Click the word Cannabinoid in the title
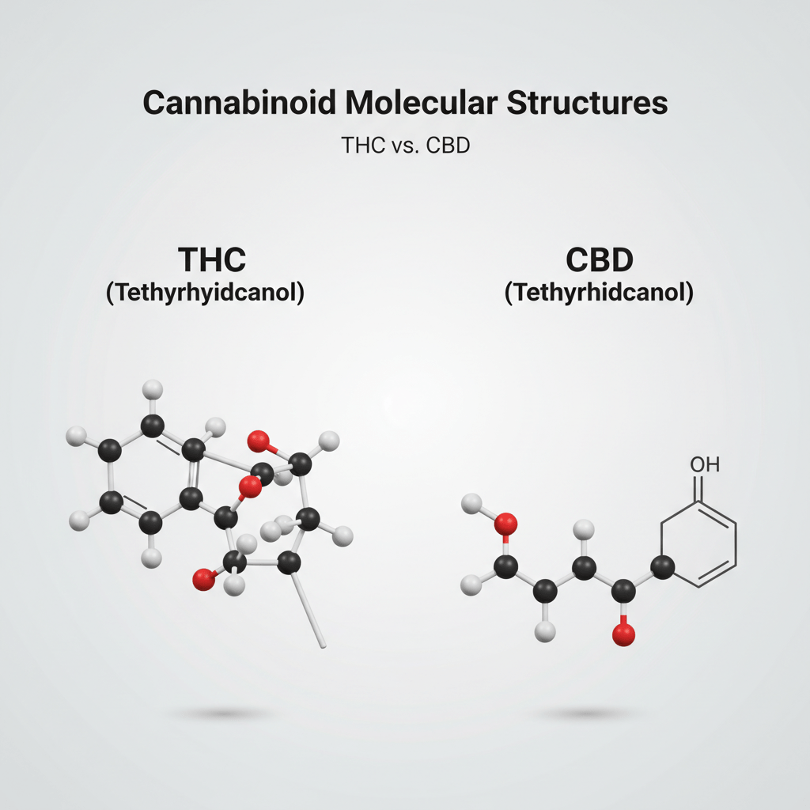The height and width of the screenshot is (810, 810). tap(222, 104)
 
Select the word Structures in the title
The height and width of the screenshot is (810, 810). tap(581, 104)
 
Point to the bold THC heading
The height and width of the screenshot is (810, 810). tap(212, 260)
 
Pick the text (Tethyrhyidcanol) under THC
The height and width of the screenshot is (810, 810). tap(205, 292)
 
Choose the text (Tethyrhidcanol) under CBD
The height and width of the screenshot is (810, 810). tap(599, 292)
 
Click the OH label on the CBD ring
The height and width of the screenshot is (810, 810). tap(703, 464)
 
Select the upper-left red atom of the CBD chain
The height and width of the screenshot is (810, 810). tap(505, 523)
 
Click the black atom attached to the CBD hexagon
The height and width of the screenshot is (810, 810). tap(664, 566)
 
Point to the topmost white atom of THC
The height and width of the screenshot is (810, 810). tap(153, 388)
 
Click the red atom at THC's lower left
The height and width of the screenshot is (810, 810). tap(204, 580)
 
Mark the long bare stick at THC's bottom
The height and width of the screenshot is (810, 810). tap(308, 609)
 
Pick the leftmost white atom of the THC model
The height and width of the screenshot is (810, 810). tap(77, 435)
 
